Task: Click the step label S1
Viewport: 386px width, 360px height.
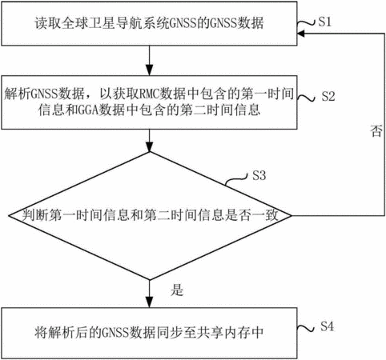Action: (x=324, y=22)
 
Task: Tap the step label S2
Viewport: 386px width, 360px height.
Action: (x=328, y=96)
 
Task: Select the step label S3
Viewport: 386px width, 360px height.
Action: (x=259, y=175)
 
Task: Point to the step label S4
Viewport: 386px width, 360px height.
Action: (x=327, y=326)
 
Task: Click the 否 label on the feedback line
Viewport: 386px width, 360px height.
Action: (x=376, y=130)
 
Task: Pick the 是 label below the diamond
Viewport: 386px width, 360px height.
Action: (x=177, y=290)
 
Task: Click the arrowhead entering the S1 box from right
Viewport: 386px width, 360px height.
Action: (x=301, y=34)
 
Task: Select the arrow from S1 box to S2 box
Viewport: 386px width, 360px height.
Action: (x=150, y=61)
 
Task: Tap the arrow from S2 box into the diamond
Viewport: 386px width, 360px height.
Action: (x=150, y=141)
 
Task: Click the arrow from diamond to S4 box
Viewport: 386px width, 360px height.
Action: (x=150, y=294)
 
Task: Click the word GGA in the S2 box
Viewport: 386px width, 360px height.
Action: (x=88, y=110)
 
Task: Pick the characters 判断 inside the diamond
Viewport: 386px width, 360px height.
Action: (x=35, y=215)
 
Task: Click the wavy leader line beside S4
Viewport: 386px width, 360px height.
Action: (x=306, y=328)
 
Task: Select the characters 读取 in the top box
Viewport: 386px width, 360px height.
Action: (x=48, y=23)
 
